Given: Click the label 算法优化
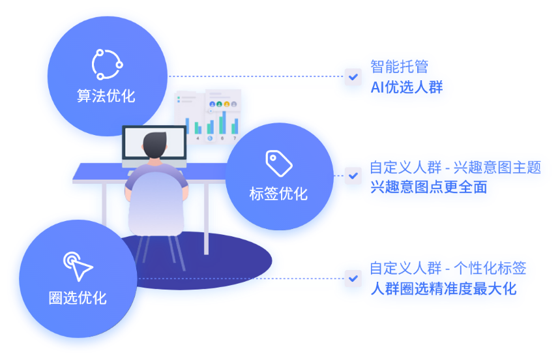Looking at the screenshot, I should click(x=106, y=97).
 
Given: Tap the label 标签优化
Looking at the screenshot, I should click(x=278, y=194).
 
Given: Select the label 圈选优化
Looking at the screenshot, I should click(x=78, y=299).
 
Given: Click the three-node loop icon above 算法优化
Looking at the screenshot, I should click(x=106, y=64).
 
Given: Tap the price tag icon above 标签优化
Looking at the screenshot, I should click(x=279, y=163).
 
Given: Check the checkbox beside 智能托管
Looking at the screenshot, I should click(x=353, y=77).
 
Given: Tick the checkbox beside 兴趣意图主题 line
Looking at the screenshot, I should click(x=353, y=175).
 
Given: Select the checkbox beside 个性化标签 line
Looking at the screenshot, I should click(x=353, y=278).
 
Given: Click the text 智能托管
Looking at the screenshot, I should click(x=400, y=67).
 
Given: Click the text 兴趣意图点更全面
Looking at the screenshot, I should click(x=429, y=187).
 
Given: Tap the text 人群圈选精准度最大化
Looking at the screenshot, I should click(x=443, y=289).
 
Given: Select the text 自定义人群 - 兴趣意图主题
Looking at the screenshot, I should click(x=455, y=168).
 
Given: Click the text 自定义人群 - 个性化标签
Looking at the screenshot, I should click(x=448, y=268).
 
